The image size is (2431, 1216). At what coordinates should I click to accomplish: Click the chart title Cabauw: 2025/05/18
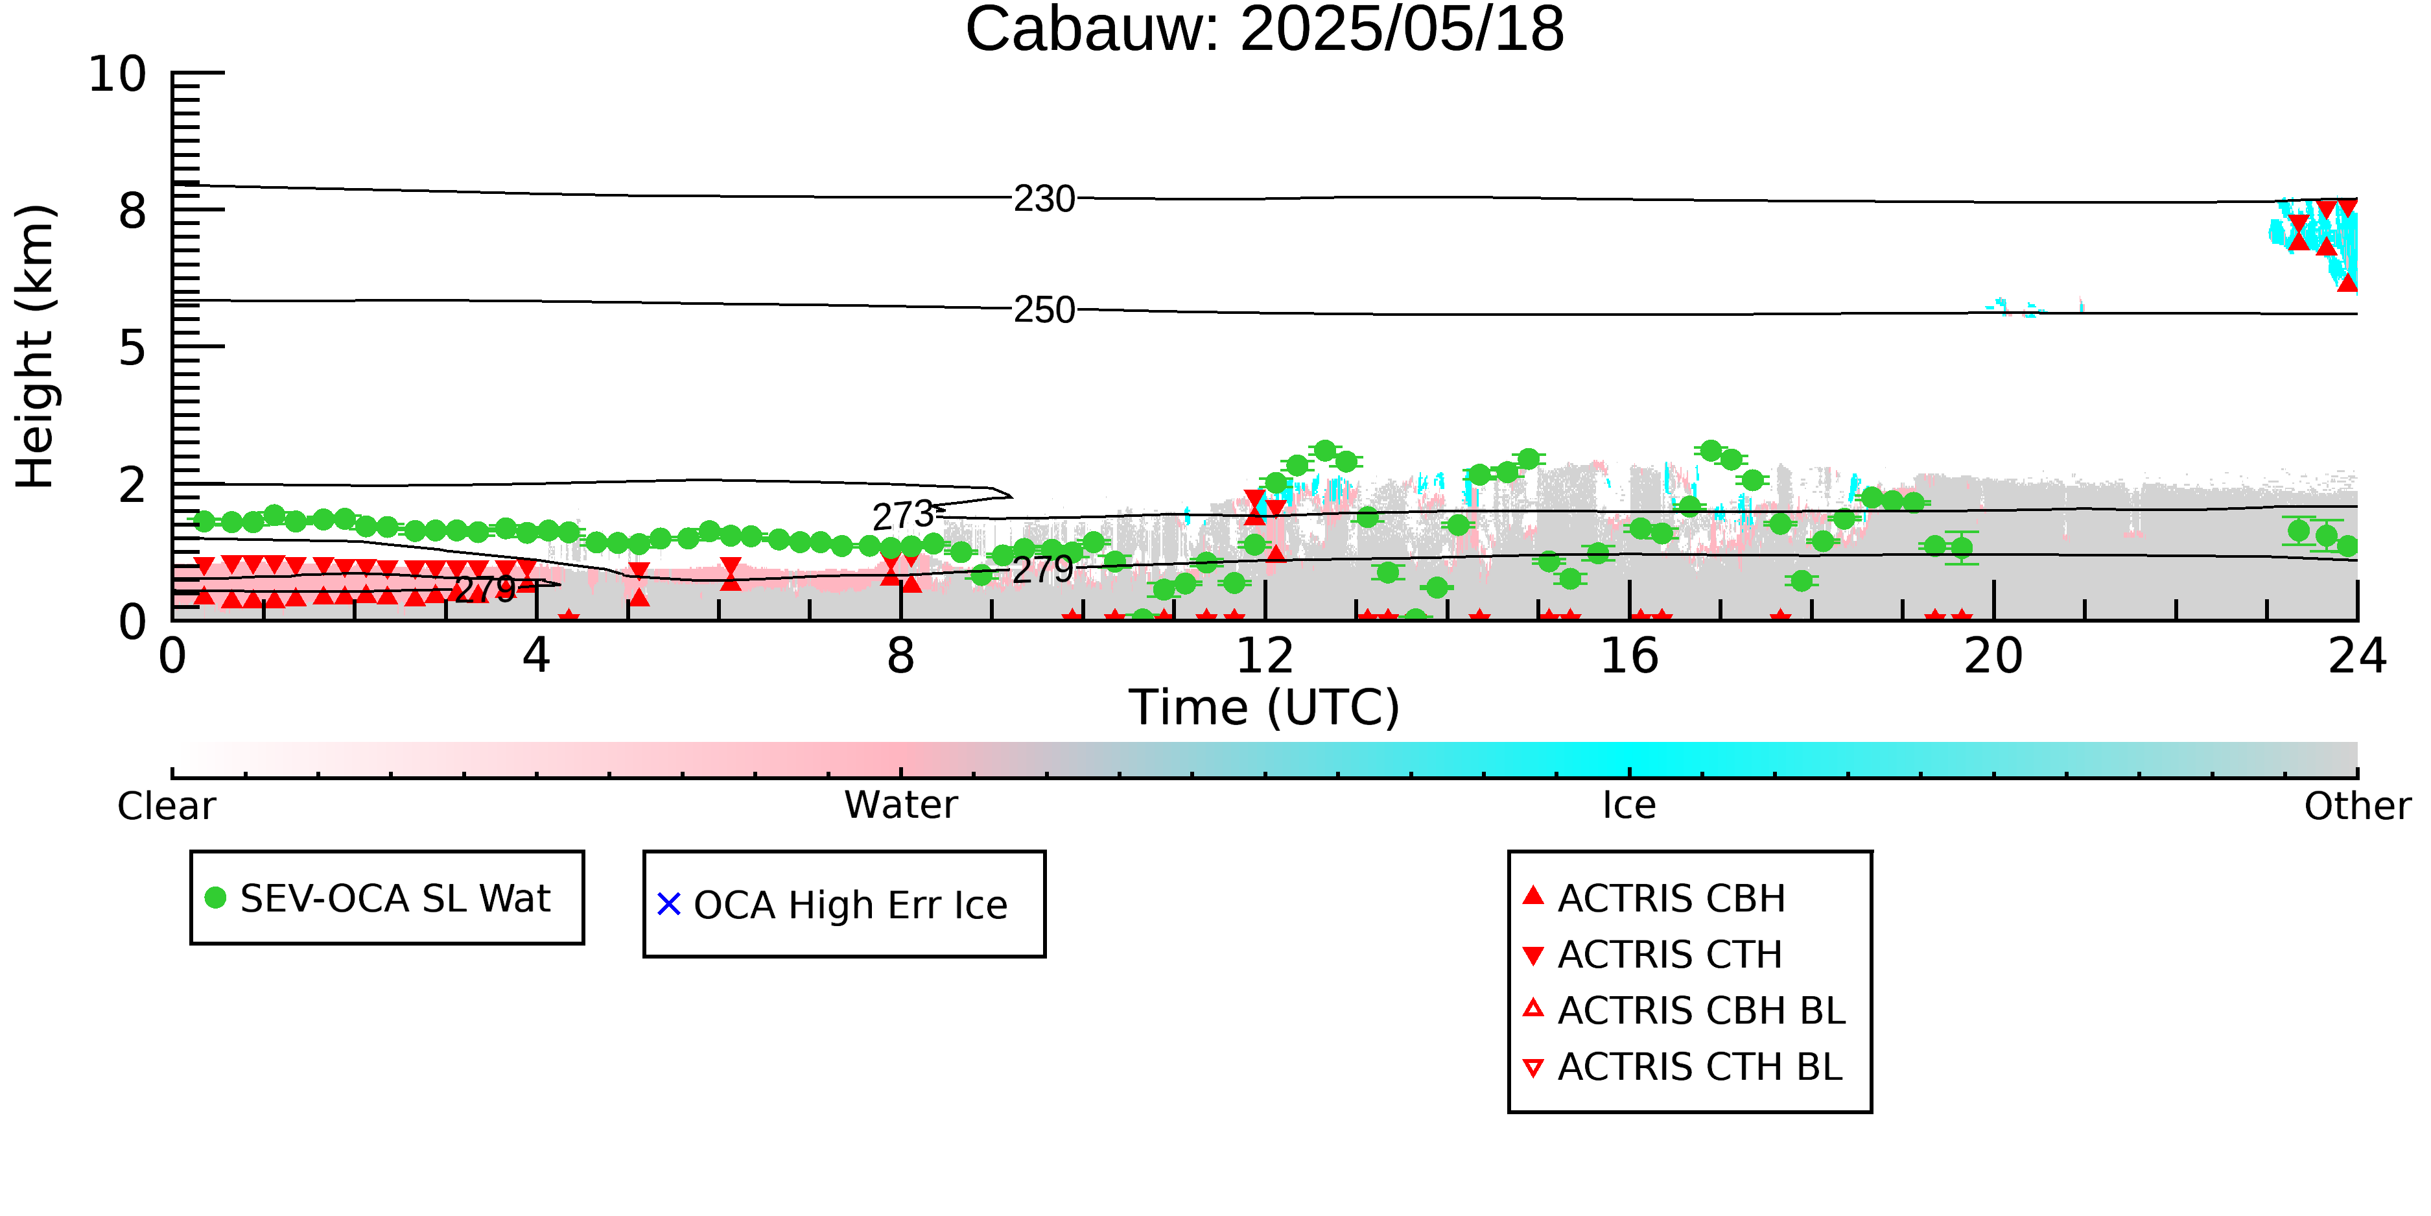point(1265,30)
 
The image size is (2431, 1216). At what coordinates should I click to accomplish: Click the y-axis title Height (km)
point(36,346)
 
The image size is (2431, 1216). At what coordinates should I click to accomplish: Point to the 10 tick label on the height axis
point(118,74)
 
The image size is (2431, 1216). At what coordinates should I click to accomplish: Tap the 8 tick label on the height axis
point(133,211)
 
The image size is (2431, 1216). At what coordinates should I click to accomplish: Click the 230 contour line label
point(1045,199)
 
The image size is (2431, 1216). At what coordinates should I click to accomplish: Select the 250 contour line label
point(1045,309)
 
